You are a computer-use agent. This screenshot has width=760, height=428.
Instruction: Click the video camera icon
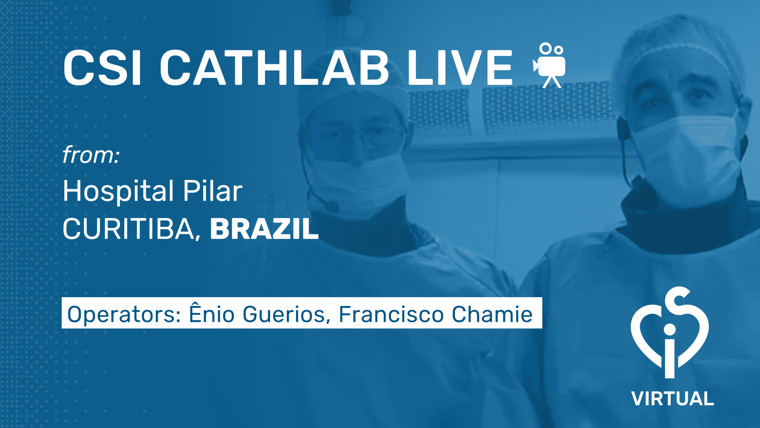click(549, 65)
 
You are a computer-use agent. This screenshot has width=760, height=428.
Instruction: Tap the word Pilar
click(212, 191)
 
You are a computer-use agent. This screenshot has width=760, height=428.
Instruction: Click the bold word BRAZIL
click(264, 229)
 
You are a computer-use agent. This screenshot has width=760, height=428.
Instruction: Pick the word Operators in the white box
click(124, 315)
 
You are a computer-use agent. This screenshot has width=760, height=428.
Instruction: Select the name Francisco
click(391, 314)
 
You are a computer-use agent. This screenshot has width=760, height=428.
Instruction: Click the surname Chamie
click(492, 314)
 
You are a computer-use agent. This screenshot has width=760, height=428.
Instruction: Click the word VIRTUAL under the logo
click(673, 399)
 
